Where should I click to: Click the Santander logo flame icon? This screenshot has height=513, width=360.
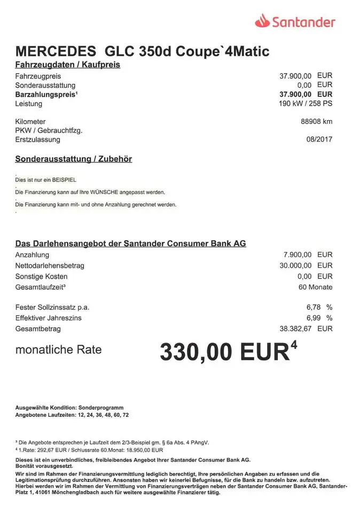(263, 21)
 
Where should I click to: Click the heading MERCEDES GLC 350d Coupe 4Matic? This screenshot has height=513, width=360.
(142, 51)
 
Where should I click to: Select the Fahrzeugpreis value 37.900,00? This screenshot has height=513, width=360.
(295, 76)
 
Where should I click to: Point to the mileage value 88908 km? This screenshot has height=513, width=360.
(316, 121)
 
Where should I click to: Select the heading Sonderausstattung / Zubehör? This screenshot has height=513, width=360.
(73, 159)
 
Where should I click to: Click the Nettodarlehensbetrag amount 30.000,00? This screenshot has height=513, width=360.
(295, 266)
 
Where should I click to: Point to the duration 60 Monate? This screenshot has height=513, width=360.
(315, 287)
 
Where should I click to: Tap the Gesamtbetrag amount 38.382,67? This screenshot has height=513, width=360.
(295, 329)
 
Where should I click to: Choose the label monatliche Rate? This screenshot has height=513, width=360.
(58, 350)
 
